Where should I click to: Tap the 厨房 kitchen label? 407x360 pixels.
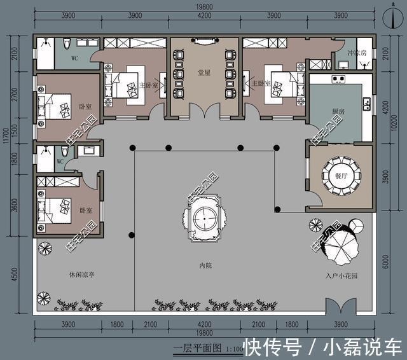[339, 112]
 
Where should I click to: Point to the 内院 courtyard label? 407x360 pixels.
[203, 265]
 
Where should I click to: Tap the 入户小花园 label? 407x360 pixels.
[340, 276]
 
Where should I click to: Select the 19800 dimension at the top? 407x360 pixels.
[203, 8]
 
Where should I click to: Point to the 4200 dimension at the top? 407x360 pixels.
[203, 15]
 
